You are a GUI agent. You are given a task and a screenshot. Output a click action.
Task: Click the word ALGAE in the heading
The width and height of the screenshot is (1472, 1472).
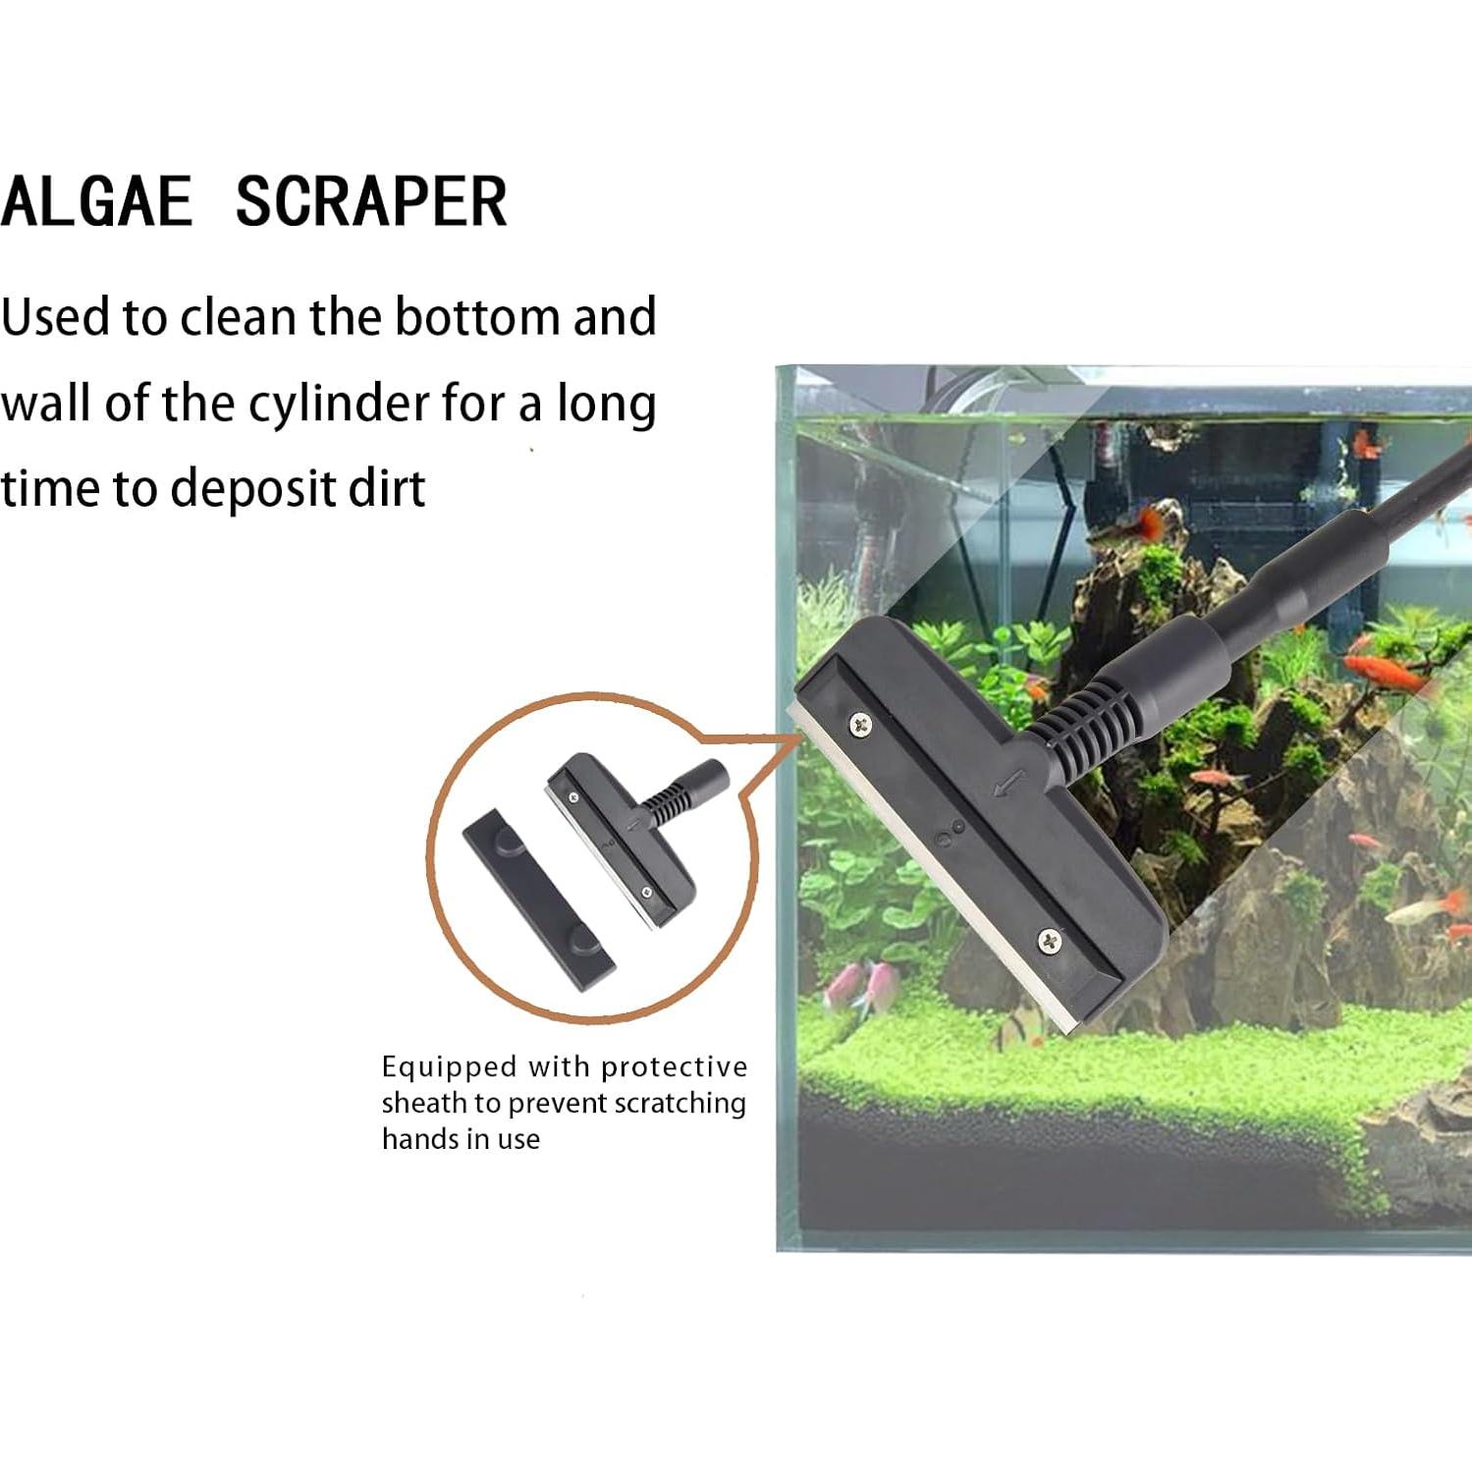96,202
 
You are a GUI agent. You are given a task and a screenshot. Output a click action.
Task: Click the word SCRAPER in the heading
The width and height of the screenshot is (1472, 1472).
371,202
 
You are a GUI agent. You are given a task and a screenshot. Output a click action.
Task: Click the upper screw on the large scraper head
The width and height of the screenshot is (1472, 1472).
861,725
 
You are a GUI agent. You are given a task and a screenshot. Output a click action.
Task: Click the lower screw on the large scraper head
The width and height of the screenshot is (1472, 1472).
1050,940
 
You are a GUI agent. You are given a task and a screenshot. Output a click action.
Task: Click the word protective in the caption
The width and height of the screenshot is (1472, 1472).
675,1067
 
